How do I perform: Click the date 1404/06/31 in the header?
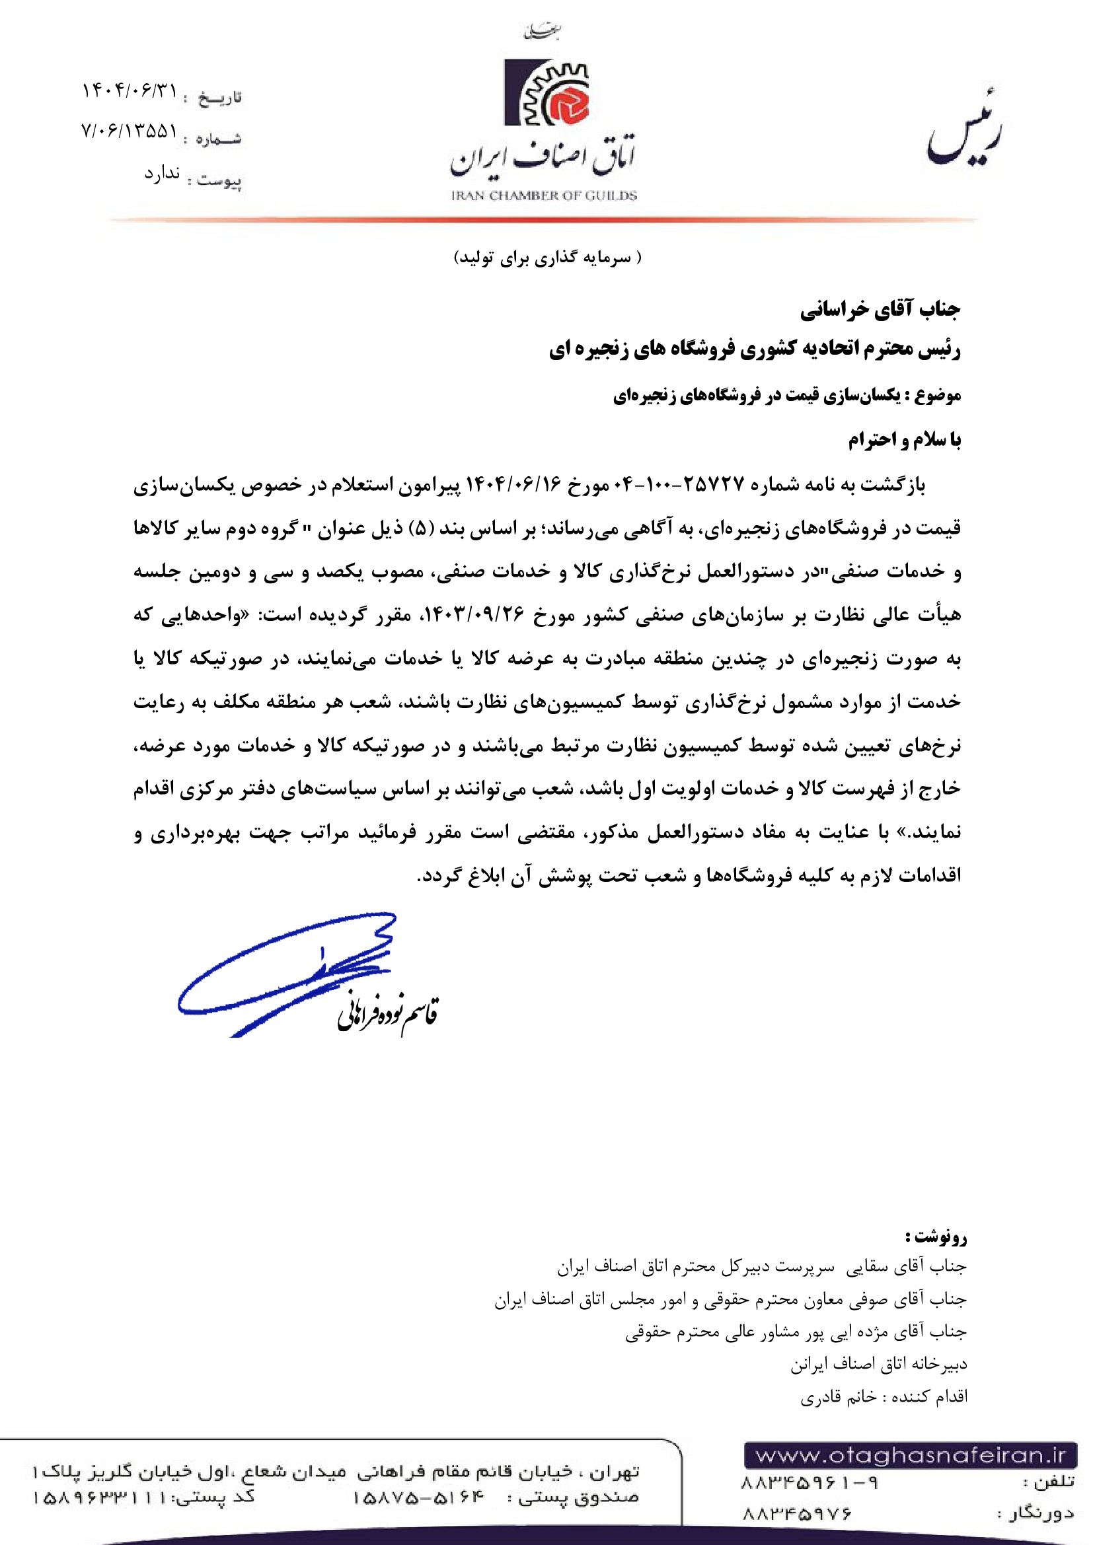(x=130, y=91)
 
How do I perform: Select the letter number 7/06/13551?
(x=129, y=131)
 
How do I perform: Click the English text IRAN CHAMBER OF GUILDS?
(x=544, y=196)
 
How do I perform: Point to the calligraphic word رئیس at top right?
(x=963, y=131)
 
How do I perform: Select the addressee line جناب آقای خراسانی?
(x=880, y=310)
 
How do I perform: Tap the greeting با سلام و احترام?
(x=904, y=440)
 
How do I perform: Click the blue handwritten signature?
(x=289, y=969)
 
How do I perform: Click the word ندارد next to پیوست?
(x=161, y=174)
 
